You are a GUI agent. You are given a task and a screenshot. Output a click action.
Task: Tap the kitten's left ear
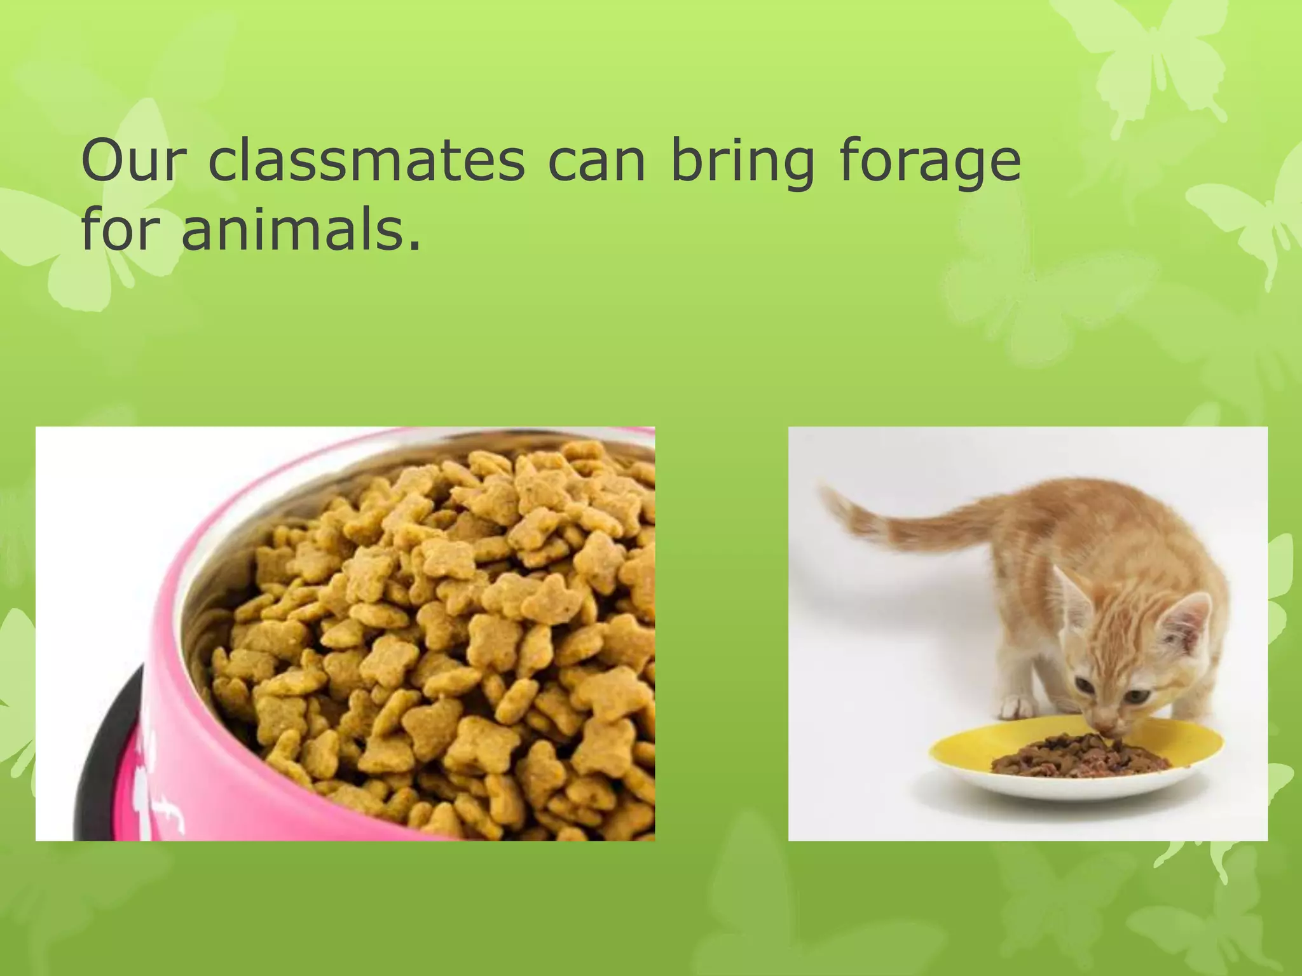pos(1072,591)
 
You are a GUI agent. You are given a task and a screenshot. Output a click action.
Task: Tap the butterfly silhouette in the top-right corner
pos(1144,57)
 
